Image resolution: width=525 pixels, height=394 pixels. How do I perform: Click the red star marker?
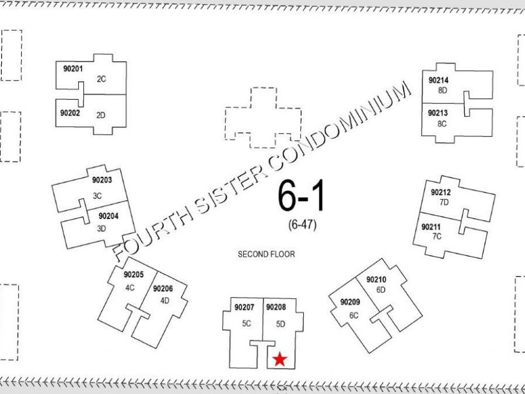(280, 359)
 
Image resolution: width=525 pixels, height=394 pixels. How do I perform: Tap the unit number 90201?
(73, 69)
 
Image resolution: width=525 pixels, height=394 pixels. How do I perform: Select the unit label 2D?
(101, 115)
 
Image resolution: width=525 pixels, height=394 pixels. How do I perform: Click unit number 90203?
(102, 180)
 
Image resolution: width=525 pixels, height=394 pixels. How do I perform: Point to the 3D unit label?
(101, 228)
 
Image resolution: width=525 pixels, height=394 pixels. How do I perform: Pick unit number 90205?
(134, 274)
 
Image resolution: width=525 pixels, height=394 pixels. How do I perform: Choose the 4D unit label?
(164, 301)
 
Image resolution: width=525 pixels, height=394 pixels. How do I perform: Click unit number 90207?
(244, 307)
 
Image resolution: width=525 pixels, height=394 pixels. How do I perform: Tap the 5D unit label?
(281, 324)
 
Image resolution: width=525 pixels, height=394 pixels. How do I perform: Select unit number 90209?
(350, 302)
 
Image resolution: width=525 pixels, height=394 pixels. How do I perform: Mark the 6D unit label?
(381, 290)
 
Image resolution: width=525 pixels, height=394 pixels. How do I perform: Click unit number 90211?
(431, 227)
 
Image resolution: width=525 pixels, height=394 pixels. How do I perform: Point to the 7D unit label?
(444, 203)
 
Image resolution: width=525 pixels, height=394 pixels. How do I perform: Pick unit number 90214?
(439, 81)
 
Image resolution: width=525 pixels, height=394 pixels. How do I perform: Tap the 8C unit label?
(442, 124)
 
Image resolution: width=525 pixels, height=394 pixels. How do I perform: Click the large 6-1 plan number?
(301, 196)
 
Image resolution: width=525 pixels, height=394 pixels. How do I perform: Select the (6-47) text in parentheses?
(302, 225)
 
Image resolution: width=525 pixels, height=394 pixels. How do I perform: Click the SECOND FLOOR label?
(267, 254)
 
